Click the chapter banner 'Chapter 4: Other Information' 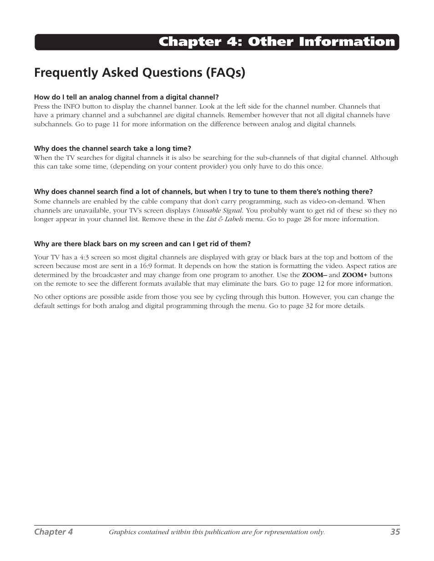(x=277, y=42)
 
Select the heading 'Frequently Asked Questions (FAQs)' (x=140, y=73)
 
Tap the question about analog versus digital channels (x=126, y=97)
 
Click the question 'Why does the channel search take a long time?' (x=112, y=149)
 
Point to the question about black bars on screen (x=142, y=244)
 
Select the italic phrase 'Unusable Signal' (x=217, y=210)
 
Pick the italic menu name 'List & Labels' (x=225, y=219)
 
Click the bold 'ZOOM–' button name (x=314, y=275)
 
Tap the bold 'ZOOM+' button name (x=354, y=275)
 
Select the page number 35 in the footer (x=394, y=531)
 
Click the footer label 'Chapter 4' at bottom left (x=54, y=531)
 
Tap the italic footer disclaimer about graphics (x=217, y=532)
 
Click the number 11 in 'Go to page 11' (x=115, y=124)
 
